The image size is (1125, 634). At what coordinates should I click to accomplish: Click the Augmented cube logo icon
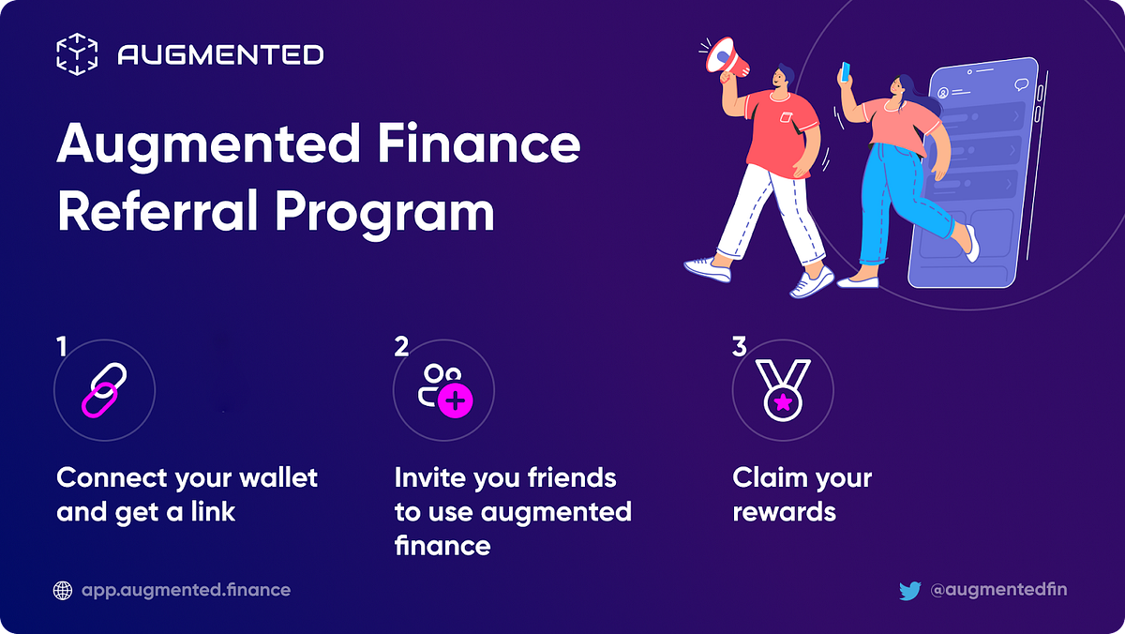[77, 54]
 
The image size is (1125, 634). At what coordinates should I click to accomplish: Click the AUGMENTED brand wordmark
[220, 55]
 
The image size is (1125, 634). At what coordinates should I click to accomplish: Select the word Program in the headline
[384, 214]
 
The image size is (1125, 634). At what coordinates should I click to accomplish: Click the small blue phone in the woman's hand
[845, 71]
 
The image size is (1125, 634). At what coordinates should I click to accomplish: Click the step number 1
[62, 347]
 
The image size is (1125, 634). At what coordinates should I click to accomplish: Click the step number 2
[401, 347]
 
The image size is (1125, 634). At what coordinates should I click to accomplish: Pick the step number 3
[739, 347]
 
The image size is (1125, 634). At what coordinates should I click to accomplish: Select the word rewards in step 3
[783, 512]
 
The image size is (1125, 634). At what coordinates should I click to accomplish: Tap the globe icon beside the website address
[64, 590]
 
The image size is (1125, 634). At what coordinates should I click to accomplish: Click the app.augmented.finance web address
[186, 590]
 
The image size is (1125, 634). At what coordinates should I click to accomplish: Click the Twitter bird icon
[909, 590]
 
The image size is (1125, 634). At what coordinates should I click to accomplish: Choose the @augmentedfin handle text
[998, 590]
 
